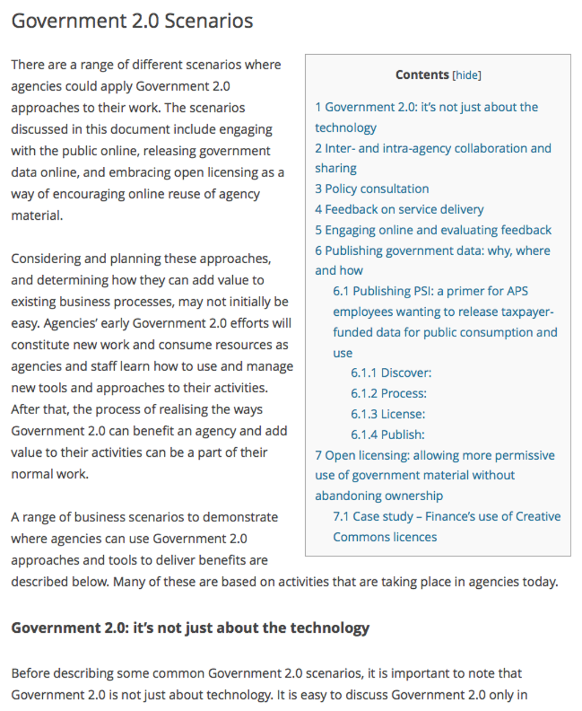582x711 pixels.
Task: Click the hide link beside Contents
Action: (x=467, y=75)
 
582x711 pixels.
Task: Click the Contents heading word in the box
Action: (x=422, y=75)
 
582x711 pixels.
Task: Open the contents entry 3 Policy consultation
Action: (x=371, y=189)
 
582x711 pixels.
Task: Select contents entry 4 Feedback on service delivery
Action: (x=399, y=210)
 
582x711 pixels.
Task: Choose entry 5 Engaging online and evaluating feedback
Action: (x=433, y=230)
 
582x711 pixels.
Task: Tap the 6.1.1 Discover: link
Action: (x=391, y=373)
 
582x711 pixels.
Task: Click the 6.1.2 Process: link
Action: (x=389, y=393)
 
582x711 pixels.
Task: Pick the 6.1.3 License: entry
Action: (x=388, y=414)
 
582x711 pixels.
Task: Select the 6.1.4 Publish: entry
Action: (x=387, y=435)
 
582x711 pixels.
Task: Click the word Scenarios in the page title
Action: (x=209, y=21)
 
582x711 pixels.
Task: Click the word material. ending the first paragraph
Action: (x=37, y=216)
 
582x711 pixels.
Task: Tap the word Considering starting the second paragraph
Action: (x=46, y=259)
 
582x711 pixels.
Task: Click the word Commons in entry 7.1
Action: (x=356, y=537)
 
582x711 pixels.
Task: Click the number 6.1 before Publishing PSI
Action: (x=341, y=291)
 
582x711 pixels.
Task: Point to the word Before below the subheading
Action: (x=29, y=673)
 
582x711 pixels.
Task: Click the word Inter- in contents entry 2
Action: (x=340, y=148)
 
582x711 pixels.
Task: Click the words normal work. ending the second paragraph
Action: (x=50, y=474)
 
